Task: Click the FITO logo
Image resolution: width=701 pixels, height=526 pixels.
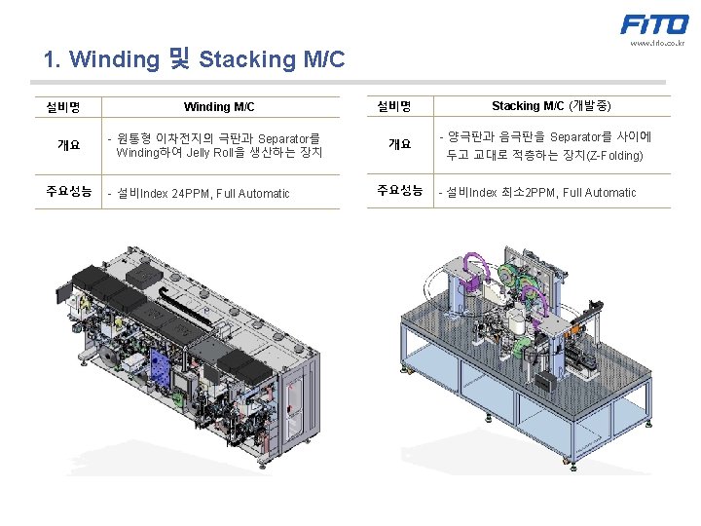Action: pyautogui.click(x=654, y=24)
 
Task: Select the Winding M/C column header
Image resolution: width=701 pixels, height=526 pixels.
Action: pyautogui.click(x=219, y=106)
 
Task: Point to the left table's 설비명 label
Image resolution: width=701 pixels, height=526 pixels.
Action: pyautogui.click(x=63, y=106)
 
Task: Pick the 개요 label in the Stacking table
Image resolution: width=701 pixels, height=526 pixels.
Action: pyautogui.click(x=399, y=144)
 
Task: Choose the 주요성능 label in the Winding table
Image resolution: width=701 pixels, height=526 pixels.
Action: pyautogui.click(x=69, y=192)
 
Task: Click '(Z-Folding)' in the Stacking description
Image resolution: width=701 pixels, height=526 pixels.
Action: pyautogui.click(x=609, y=155)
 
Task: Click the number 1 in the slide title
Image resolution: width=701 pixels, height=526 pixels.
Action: pyautogui.click(x=49, y=60)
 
